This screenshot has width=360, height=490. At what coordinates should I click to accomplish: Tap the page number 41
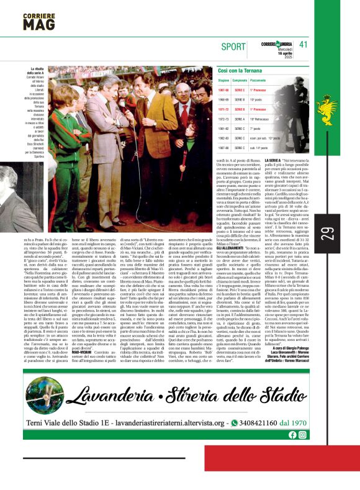(x=304, y=44)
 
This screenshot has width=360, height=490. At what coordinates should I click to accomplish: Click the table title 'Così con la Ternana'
(x=241, y=73)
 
